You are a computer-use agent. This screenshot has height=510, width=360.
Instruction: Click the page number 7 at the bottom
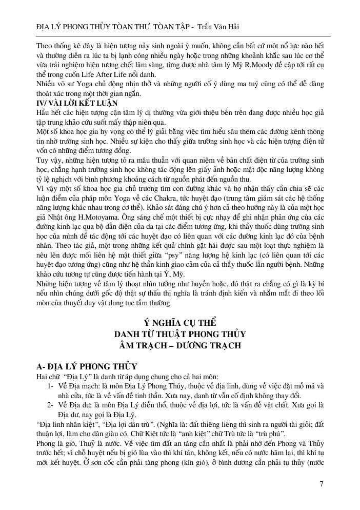pos(321,483)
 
